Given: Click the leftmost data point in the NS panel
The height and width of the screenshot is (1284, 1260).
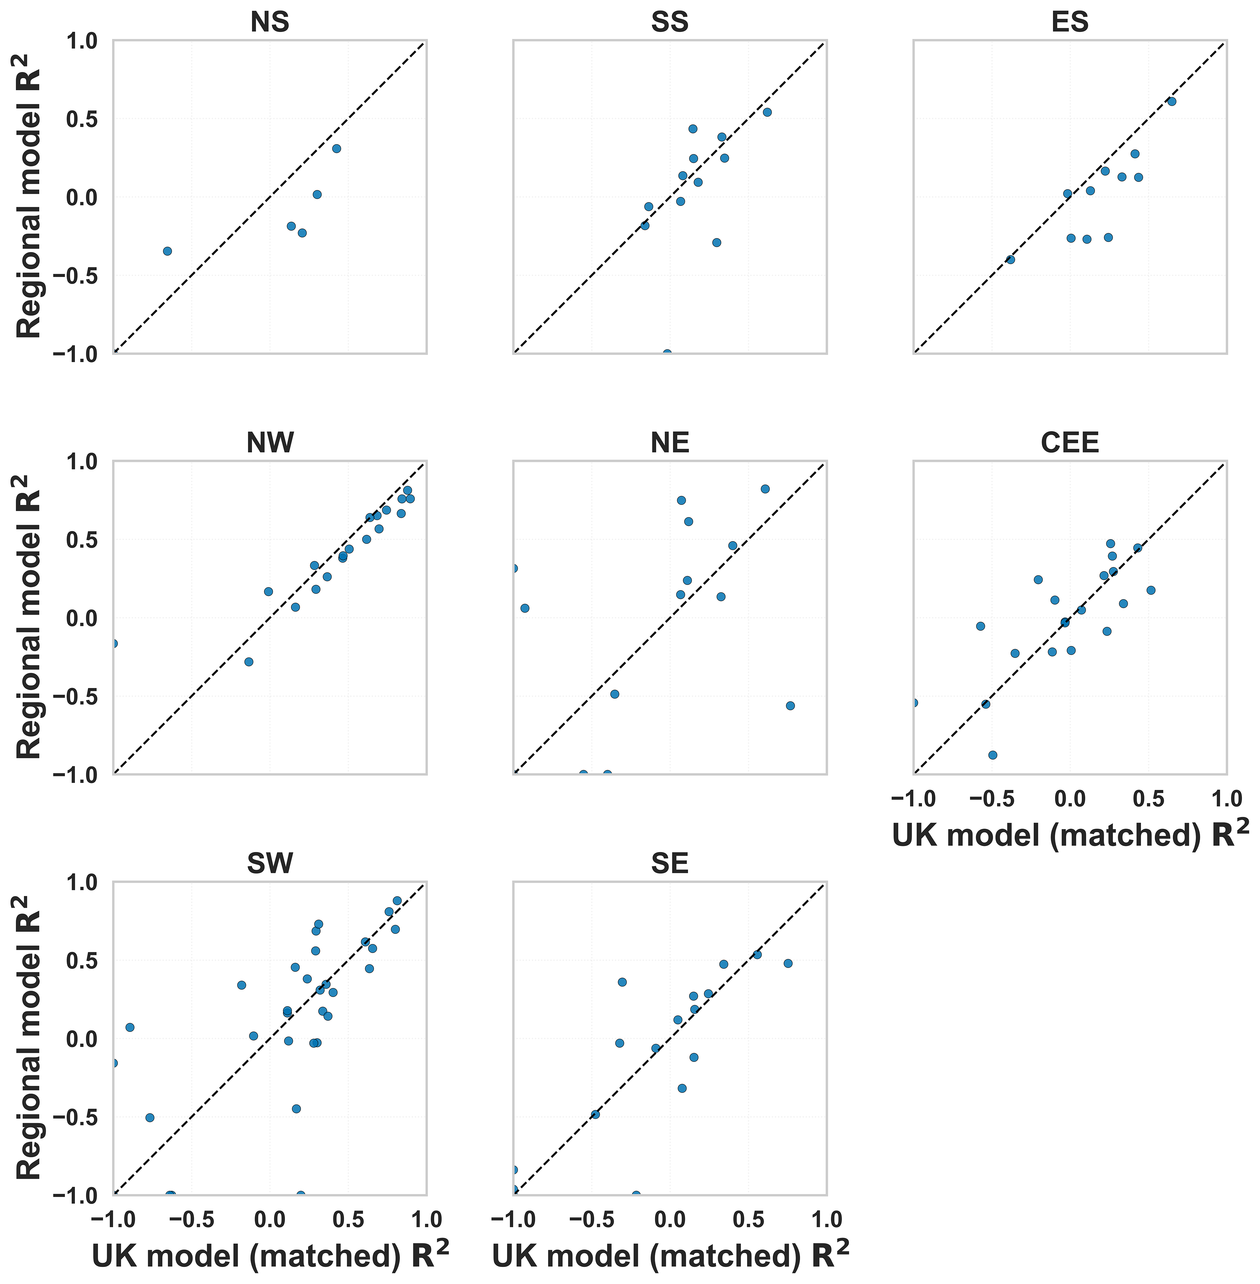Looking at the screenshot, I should tap(168, 251).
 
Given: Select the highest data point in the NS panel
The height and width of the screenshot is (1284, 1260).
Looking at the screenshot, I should tap(336, 148).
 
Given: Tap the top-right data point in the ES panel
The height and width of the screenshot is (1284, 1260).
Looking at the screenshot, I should tap(1171, 101).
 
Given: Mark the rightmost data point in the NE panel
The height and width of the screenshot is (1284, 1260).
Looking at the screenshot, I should tap(790, 705).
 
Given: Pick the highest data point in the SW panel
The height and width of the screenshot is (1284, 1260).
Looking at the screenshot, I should tap(397, 901).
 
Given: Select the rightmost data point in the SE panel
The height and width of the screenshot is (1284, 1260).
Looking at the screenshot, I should tap(787, 964).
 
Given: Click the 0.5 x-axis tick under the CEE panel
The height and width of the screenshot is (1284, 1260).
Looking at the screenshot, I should tap(1148, 799).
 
